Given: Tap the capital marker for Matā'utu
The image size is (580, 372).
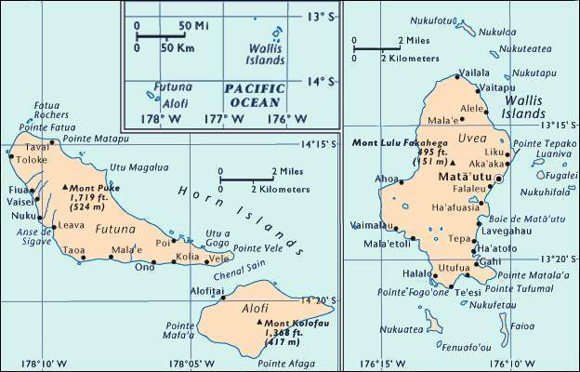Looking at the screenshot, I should [500, 178].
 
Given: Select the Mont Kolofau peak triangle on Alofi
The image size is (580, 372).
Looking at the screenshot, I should [258, 322].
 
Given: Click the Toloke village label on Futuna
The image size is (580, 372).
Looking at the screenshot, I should [31, 159].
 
